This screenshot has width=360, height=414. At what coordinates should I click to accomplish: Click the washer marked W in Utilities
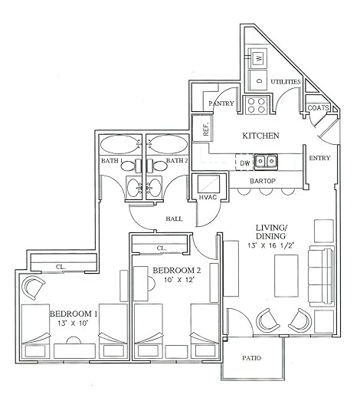(x=258, y=58)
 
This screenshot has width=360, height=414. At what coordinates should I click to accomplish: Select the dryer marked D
(x=258, y=80)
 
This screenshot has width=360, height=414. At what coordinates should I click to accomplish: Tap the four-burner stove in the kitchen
(x=256, y=105)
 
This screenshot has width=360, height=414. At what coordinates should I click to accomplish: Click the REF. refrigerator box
(x=202, y=129)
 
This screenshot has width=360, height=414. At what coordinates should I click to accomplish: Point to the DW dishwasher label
(x=245, y=163)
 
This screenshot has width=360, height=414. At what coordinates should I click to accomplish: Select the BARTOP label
(x=263, y=181)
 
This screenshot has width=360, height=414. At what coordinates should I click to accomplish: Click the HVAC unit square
(x=209, y=184)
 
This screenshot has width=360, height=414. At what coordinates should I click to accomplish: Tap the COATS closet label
(x=319, y=108)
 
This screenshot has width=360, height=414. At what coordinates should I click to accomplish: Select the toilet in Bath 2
(x=157, y=166)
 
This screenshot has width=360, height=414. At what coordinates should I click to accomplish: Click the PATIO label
(x=251, y=358)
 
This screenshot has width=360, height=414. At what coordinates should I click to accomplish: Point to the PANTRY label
(x=221, y=103)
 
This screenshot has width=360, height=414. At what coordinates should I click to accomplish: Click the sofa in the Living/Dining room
(x=321, y=277)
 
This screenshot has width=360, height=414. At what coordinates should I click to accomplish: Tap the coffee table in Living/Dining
(x=286, y=276)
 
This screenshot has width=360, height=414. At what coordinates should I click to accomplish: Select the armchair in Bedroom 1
(x=33, y=287)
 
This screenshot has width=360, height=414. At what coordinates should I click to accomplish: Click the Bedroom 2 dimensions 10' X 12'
(x=179, y=280)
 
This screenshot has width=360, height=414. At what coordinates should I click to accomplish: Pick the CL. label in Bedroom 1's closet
(x=61, y=267)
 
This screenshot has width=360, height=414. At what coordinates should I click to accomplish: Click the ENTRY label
(x=319, y=158)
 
